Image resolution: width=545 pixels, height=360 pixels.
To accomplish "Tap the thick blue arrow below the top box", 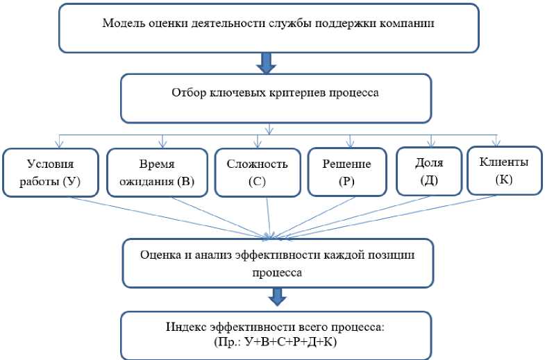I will click(267, 64).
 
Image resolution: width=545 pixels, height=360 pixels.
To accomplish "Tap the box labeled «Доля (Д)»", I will click(428, 171).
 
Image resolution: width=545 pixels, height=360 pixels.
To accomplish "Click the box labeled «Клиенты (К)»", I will click(504, 169).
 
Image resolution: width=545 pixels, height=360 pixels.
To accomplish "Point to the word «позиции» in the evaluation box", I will click(395, 255).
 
